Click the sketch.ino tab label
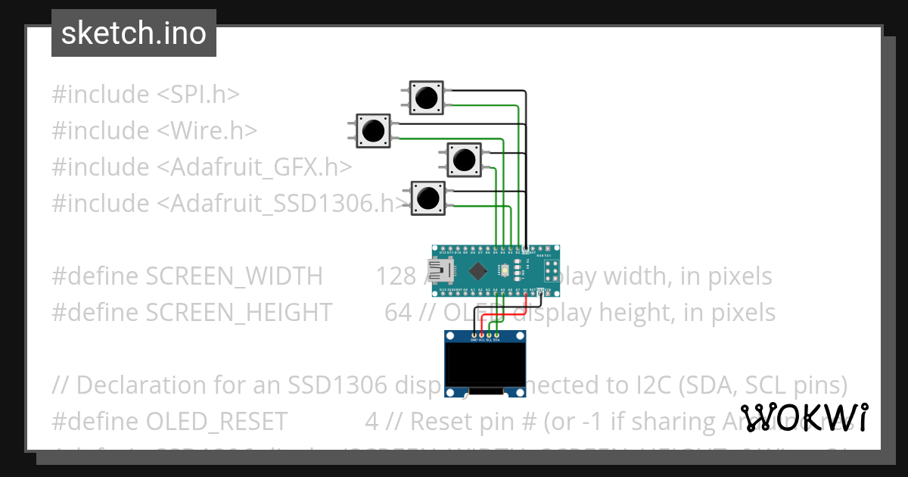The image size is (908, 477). pyautogui.click(x=134, y=33)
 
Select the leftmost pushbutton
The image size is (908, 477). pyautogui.click(x=373, y=131)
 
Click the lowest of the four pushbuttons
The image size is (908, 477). pyautogui.click(x=428, y=198)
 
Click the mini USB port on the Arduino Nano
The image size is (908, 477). pyautogui.click(x=440, y=270)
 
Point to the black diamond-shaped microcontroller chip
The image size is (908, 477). pyautogui.click(x=478, y=270)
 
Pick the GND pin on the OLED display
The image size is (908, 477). pyautogui.click(x=474, y=335)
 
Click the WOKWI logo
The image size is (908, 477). pyautogui.click(x=804, y=418)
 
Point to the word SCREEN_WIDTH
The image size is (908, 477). pyautogui.click(x=234, y=276)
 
